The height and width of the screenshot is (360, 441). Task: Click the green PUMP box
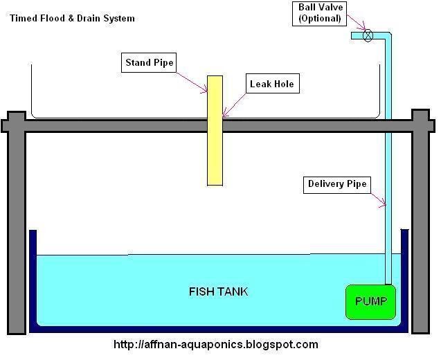point(370,302)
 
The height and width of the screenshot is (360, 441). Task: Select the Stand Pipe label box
point(149,63)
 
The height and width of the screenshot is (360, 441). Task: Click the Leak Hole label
point(271,84)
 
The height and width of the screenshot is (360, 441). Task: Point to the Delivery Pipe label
point(336,184)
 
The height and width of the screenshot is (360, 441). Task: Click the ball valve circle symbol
point(368,35)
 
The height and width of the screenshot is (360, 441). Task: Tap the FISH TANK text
point(218,291)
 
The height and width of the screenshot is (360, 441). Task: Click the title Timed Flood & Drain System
point(73,18)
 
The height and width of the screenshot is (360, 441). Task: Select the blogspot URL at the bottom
point(215,344)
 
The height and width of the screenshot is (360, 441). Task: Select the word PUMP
point(370,302)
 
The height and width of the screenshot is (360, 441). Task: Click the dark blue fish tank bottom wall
point(218,330)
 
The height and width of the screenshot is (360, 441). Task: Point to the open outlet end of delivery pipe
point(353,35)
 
